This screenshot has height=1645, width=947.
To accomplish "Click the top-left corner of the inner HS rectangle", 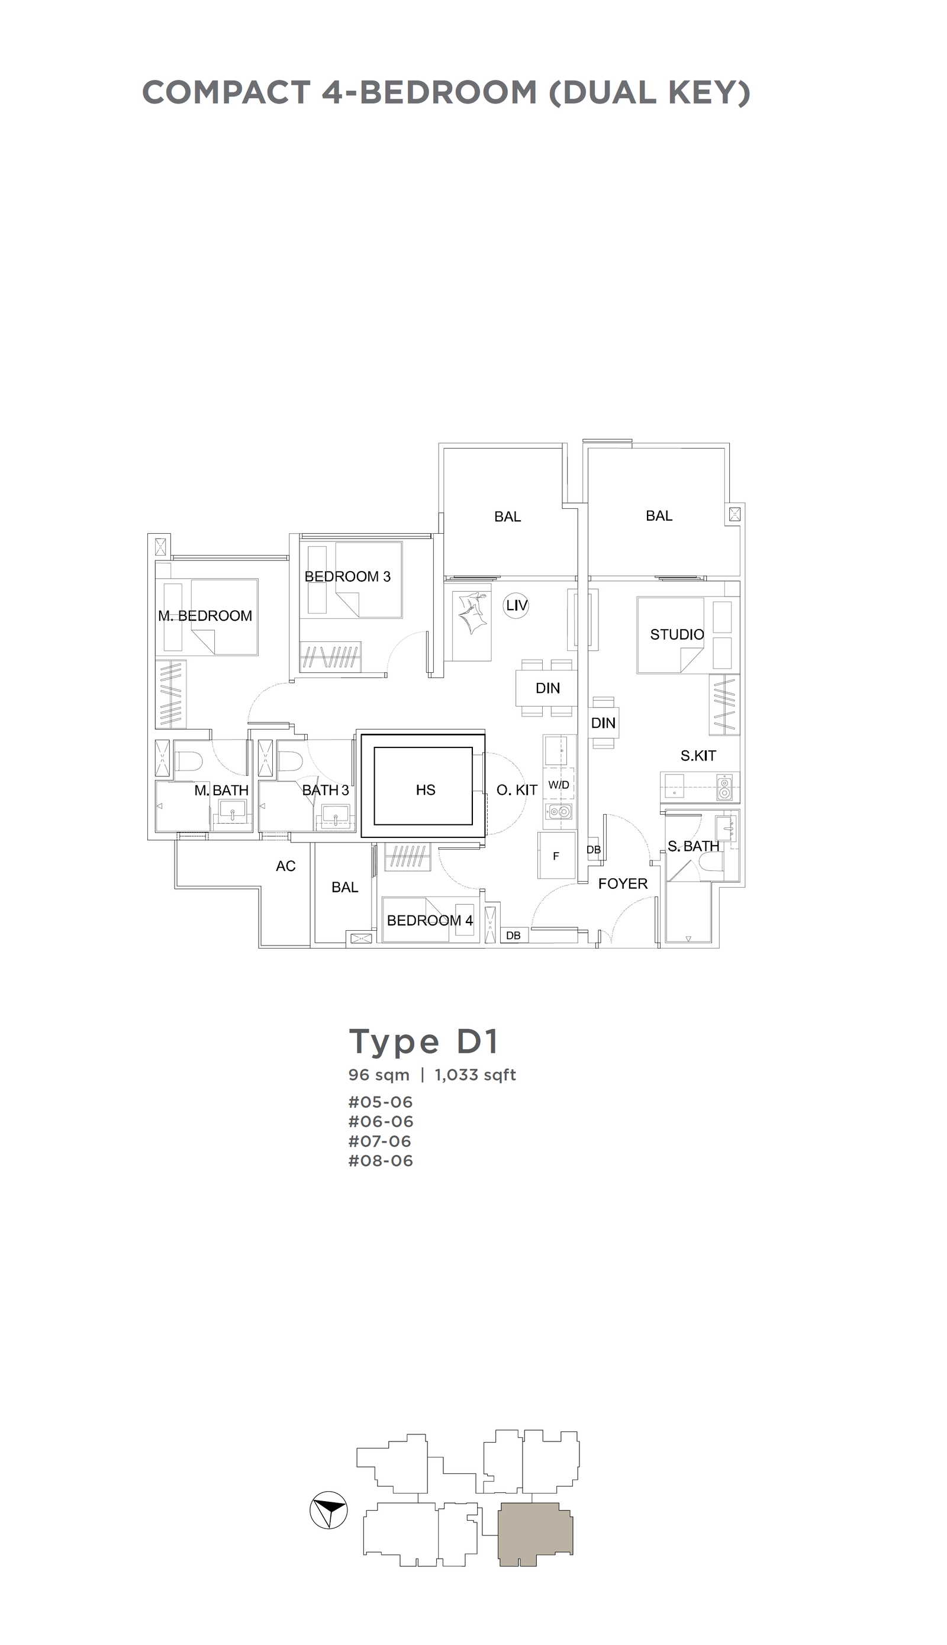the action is pos(375,748).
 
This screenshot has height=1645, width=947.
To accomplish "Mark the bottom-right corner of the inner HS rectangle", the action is pos(472,824).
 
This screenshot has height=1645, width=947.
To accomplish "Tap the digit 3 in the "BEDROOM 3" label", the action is pos(386,576).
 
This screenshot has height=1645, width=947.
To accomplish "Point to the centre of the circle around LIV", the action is pos(517,605).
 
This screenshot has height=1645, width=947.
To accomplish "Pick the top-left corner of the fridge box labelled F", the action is pos(539,832).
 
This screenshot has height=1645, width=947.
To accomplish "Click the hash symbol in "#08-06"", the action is pos(354,1160).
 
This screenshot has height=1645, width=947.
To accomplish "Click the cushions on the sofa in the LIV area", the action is pos(472,612).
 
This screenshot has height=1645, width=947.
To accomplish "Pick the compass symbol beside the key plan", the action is pos(328,1509).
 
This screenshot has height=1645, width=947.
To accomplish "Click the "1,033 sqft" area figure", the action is pos(475,1075).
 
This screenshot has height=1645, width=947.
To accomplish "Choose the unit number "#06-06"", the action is pos(381,1121).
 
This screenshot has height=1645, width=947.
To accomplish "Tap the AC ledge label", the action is pos(285,866).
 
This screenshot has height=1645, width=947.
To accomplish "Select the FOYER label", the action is pos(623,883).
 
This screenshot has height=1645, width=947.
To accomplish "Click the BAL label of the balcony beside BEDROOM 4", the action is pos(344,888).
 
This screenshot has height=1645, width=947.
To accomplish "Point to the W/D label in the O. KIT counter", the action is pos(559,785).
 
